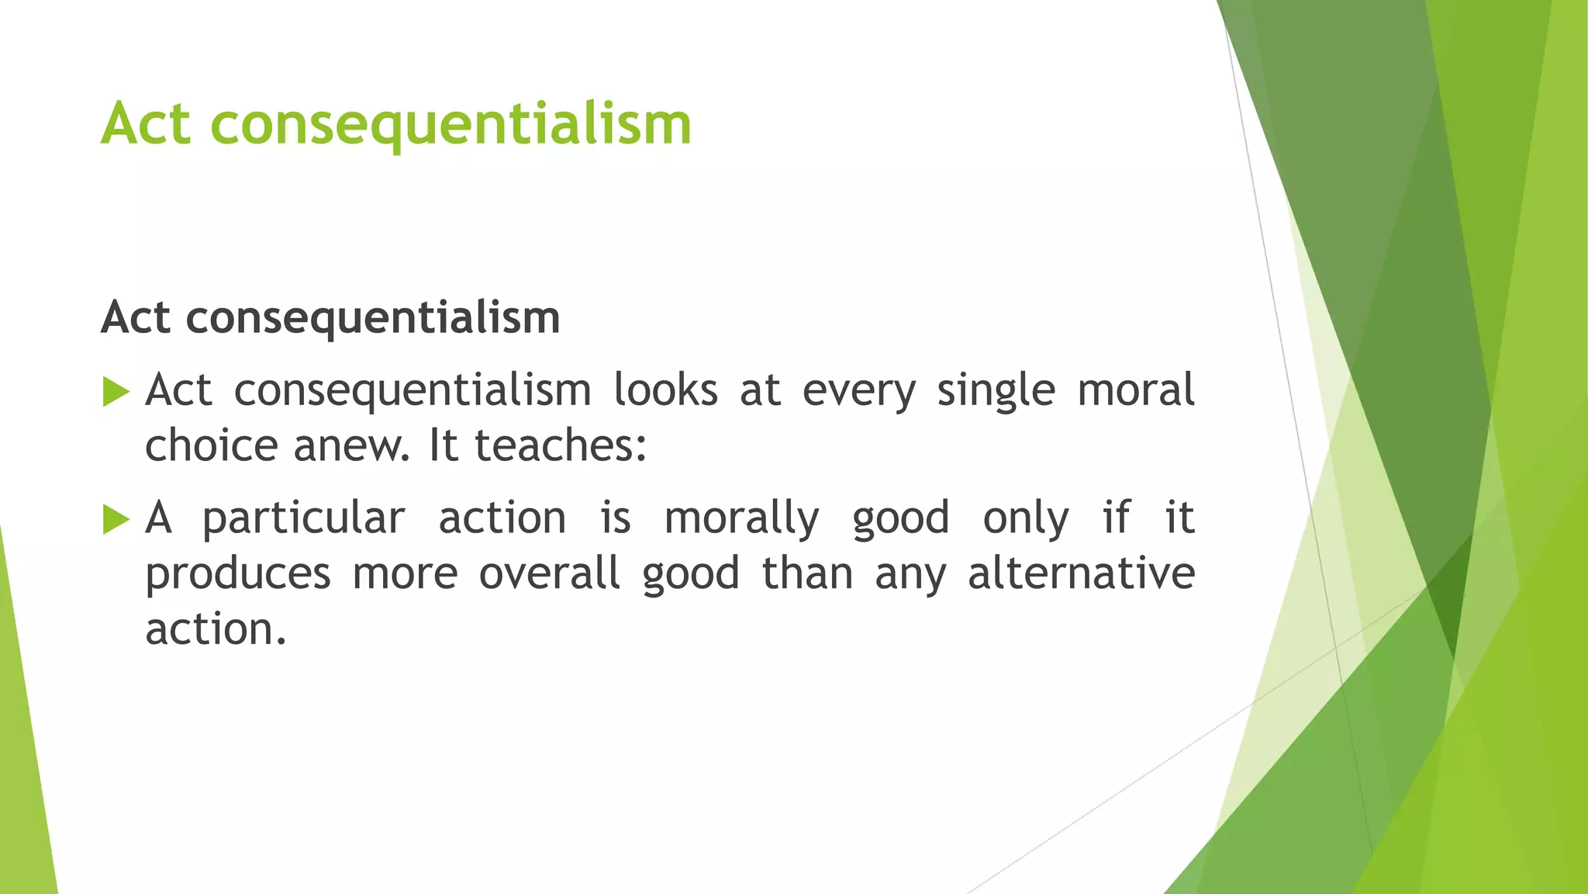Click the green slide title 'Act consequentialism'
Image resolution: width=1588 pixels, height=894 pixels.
pos(395,124)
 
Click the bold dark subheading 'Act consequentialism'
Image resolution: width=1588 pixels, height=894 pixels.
pos(330,317)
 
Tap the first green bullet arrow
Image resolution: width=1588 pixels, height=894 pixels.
pos(116,392)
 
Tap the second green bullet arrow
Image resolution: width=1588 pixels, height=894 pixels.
pos(116,519)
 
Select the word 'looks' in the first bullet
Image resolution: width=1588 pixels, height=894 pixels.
pos(665,390)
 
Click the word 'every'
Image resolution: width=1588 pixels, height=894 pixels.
pos(858,391)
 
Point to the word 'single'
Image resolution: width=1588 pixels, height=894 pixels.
pos(996,391)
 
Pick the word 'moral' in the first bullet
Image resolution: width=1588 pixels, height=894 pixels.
pos(1136,390)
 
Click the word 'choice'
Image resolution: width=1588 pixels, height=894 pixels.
pos(211,445)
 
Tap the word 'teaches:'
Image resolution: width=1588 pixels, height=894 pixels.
pos(560,445)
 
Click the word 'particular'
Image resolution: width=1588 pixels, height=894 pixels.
pos(303,518)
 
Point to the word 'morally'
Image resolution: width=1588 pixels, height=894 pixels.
pos(741,518)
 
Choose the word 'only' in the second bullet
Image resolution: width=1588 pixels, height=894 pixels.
pos(1026,518)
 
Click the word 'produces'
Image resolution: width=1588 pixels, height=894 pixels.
pos(238,574)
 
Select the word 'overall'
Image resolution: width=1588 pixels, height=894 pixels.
pos(549,573)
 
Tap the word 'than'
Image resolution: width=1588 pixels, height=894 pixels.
pos(807,573)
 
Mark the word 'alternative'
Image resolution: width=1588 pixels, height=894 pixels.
pos(1081,573)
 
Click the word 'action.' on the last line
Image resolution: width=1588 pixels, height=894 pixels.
pos(216,629)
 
